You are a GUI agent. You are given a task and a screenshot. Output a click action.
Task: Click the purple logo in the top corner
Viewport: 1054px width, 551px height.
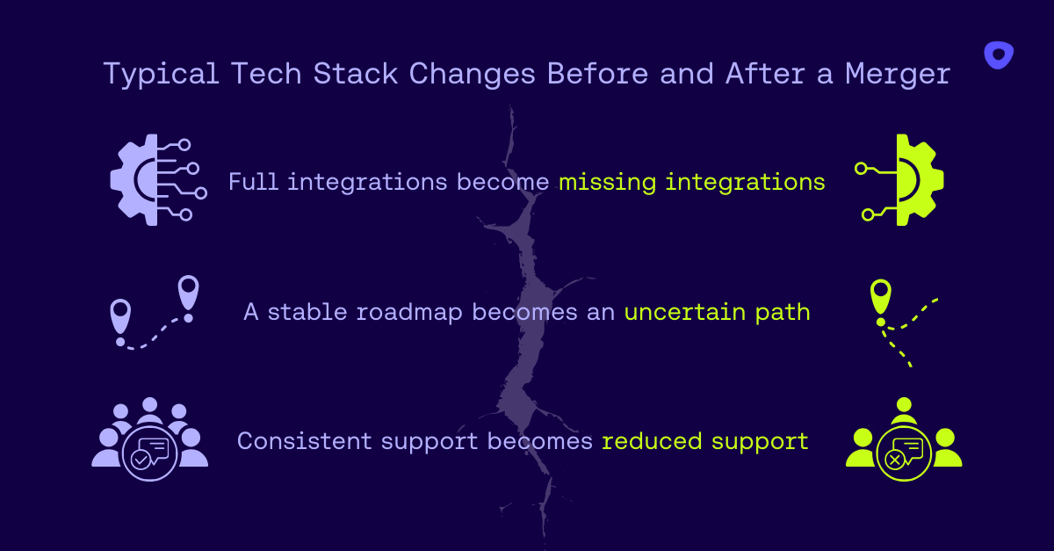tap(998, 54)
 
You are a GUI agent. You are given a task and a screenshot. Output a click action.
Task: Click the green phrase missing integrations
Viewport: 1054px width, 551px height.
tap(692, 182)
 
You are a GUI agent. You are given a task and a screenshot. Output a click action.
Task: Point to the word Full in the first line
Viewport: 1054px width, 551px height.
tap(254, 182)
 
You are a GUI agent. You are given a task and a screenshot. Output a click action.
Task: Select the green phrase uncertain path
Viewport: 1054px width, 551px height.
tap(717, 312)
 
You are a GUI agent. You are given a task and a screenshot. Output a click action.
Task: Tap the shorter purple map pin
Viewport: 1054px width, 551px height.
tap(120, 314)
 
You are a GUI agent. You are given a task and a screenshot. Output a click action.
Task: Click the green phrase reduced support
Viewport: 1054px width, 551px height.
tap(704, 440)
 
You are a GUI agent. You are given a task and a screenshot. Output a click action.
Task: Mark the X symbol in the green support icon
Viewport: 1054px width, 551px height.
tap(894, 460)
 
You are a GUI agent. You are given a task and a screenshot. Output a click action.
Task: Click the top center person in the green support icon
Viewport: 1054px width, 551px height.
tap(904, 410)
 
